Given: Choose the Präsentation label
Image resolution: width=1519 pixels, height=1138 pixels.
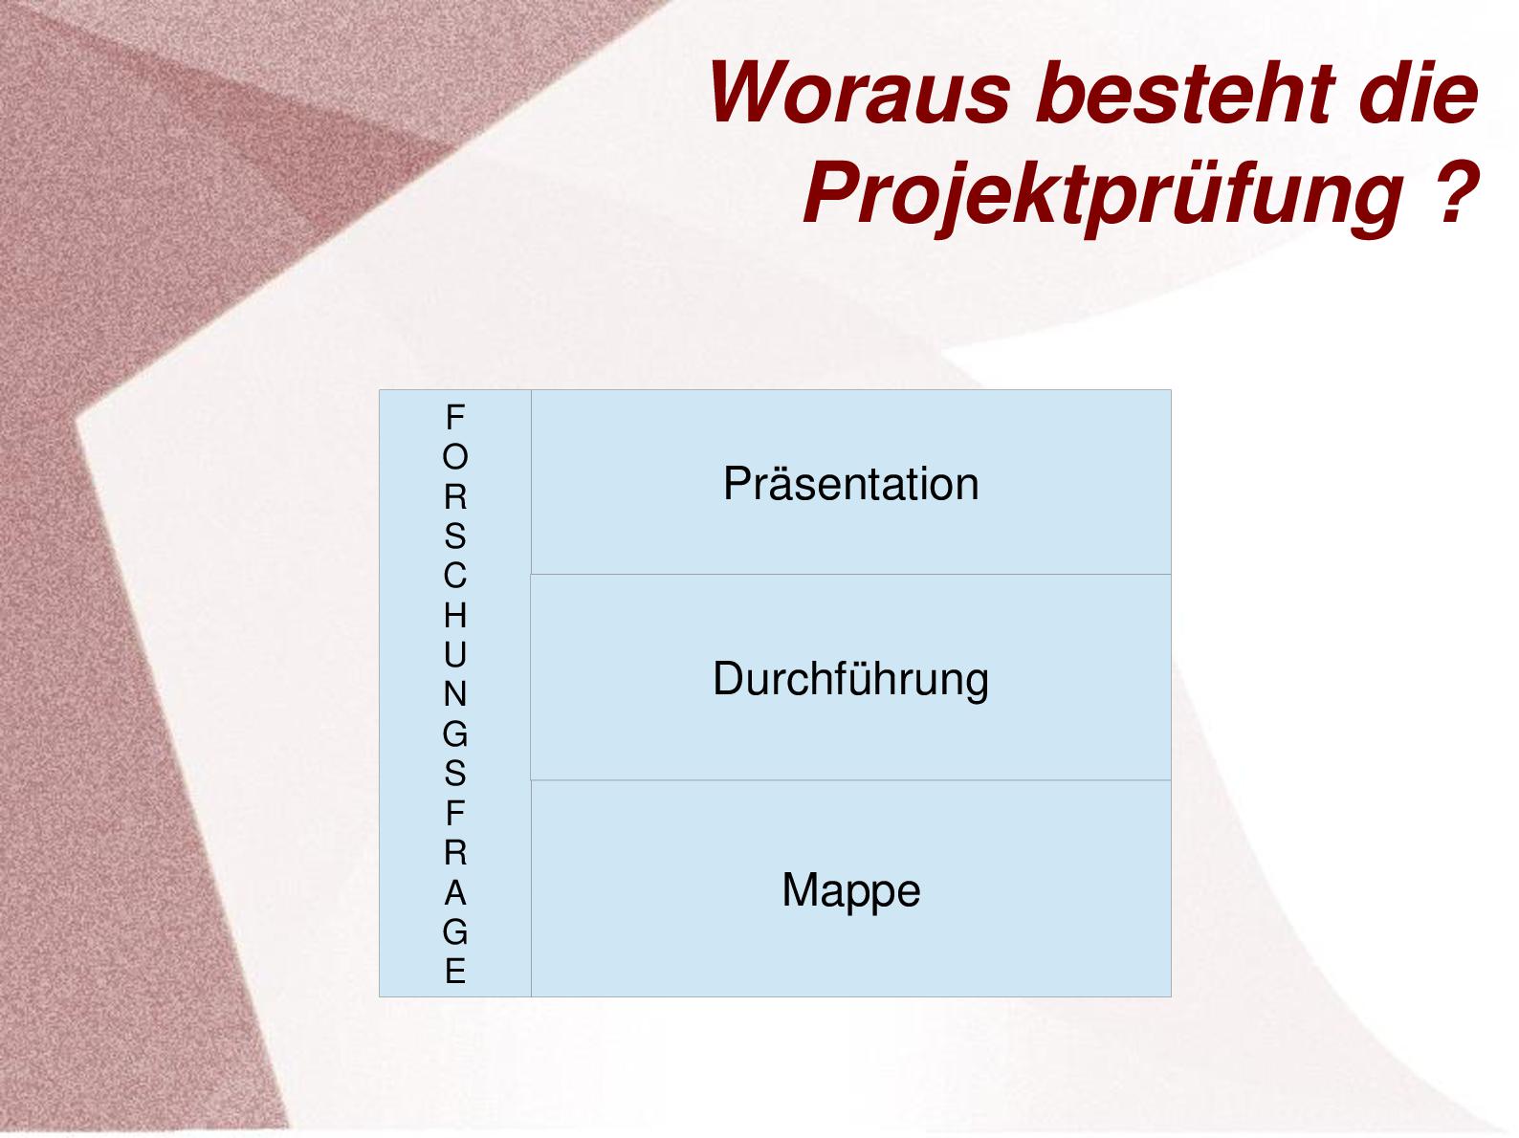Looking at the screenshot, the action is (x=851, y=483).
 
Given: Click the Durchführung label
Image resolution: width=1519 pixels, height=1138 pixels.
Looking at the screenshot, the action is (x=850, y=679).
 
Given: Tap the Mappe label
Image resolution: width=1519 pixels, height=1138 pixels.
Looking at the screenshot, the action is (x=851, y=890).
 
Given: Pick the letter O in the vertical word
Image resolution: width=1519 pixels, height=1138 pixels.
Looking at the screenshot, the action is (x=455, y=456).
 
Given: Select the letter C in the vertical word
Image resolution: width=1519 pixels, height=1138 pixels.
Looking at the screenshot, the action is (x=455, y=576).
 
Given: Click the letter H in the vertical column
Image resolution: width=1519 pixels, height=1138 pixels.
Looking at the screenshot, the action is (x=455, y=615).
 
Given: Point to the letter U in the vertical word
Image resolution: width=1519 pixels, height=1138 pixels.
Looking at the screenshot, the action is (x=455, y=654).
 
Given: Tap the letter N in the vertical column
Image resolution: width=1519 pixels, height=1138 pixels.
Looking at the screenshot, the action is (x=455, y=694).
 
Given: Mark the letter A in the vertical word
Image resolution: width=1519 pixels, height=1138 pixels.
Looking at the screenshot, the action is (x=455, y=894).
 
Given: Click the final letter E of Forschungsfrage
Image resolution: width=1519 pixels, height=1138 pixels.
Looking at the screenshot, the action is (x=455, y=972).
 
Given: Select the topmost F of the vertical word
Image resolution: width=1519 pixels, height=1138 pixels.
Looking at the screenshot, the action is (x=455, y=417).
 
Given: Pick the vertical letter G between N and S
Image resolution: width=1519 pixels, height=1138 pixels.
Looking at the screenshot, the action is (x=455, y=733).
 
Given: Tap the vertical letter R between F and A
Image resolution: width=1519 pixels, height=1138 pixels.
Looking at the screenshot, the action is (x=455, y=852).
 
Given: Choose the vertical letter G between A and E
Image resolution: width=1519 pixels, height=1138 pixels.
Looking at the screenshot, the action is (x=455, y=932).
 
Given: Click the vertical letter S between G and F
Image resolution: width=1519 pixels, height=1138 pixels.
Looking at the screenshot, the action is (x=455, y=774).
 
